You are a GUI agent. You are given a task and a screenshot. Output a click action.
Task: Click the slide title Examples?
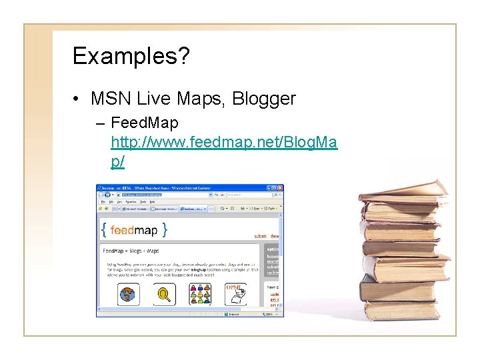point(131,57)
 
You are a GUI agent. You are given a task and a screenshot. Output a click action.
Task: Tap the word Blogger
point(264,99)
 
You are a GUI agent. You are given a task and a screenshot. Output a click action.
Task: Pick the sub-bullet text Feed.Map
point(145,123)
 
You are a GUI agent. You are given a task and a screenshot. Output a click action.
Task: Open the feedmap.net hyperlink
point(224,142)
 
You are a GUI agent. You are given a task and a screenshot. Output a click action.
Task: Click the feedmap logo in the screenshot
point(134,230)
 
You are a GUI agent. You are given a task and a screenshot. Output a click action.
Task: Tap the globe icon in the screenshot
point(127,293)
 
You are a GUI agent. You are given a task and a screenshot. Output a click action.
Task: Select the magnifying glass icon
point(163,293)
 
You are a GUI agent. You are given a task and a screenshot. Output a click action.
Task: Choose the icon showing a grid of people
point(199,293)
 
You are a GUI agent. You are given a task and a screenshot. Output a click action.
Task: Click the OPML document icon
point(235,293)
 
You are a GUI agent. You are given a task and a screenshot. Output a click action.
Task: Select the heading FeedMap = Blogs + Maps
point(131,251)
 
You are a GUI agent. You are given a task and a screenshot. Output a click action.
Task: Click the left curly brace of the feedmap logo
point(104,230)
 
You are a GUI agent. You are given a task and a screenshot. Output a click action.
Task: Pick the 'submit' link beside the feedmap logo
point(260,235)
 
